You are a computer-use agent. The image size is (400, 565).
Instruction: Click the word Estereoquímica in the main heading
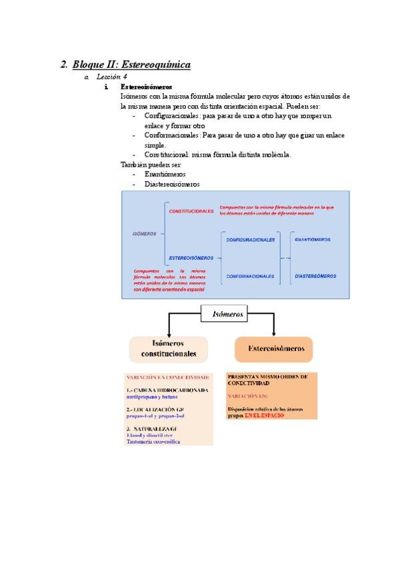click(x=157, y=65)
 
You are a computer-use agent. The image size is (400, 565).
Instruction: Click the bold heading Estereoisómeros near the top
click(x=146, y=87)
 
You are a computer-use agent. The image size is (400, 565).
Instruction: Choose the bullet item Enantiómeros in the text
click(x=165, y=174)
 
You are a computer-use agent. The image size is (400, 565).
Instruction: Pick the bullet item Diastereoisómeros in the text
click(x=171, y=184)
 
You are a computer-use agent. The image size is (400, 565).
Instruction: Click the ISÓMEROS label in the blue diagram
click(x=145, y=234)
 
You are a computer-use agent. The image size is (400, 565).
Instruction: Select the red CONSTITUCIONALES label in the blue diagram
click(x=192, y=211)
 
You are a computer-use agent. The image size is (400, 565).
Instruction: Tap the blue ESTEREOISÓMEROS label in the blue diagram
click(x=191, y=257)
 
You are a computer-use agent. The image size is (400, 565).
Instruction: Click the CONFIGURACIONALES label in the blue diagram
click(x=251, y=240)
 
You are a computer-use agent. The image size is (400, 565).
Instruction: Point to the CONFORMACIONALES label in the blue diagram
click(x=250, y=276)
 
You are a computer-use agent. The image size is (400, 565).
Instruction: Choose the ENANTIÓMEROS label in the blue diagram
click(x=313, y=239)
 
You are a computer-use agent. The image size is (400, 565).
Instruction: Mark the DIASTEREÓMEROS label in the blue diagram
click(x=315, y=276)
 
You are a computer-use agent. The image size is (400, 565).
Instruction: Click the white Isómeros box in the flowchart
click(x=228, y=312)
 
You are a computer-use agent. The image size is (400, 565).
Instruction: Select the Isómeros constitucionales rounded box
click(x=169, y=348)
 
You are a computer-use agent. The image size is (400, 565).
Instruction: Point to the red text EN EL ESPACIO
click(x=264, y=415)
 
